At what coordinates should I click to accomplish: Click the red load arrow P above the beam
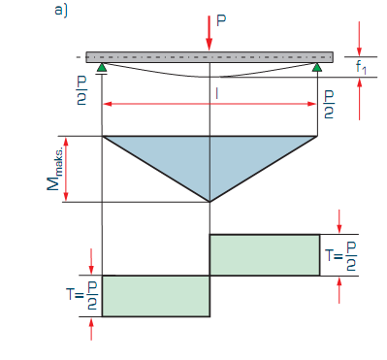coord(210,33)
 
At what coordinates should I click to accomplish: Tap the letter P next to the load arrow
coord(221,20)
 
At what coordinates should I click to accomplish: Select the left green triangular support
coord(102,67)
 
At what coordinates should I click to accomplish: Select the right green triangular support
coord(317,67)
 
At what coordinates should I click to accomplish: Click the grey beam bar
coord(210,57)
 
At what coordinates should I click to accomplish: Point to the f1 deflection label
coord(361,67)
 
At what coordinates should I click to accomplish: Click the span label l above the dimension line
coord(216,93)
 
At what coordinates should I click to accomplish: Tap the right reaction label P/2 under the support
coord(329,104)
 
